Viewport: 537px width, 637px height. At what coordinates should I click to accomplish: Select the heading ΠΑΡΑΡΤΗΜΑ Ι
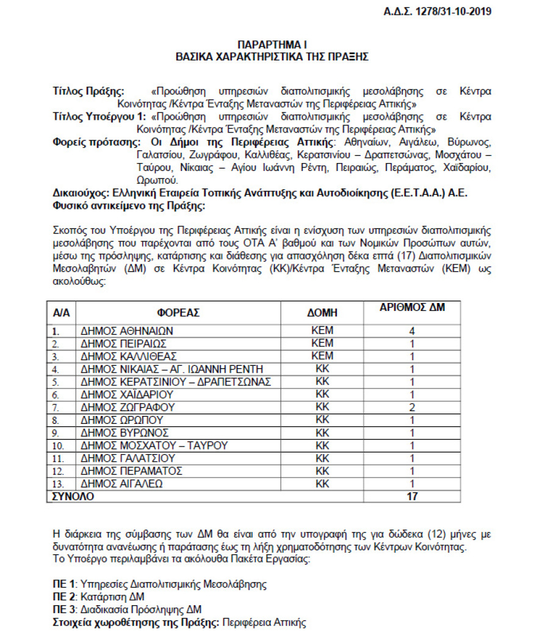[x=273, y=45]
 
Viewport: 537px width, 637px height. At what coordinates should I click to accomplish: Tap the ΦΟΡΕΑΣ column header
[x=178, y=313]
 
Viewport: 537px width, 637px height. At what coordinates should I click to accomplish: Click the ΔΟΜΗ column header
[x=322, y=313]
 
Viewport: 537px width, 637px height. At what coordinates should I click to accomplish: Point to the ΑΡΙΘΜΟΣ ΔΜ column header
[x=413, y=307]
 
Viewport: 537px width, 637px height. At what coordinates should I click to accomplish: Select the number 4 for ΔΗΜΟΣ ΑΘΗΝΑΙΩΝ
[x=413, y=330]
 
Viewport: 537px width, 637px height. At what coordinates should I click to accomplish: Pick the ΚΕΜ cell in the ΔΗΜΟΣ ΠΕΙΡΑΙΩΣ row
[x=322, y=343]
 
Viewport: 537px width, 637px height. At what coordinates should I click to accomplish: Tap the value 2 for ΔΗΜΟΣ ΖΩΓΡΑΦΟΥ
[x=413, y=407]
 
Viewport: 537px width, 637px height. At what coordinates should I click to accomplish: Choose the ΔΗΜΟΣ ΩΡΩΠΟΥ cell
[x=122, y=420]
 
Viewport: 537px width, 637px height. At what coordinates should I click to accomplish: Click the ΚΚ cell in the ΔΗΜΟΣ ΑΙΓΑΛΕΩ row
[x=322, y=483]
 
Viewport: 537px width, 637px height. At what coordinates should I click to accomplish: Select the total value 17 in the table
[x=413, y=496]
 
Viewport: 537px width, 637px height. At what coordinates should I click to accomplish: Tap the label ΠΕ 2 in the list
[x=63, y=597]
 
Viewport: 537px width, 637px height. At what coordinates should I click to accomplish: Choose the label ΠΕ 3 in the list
[x=63, y=610]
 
